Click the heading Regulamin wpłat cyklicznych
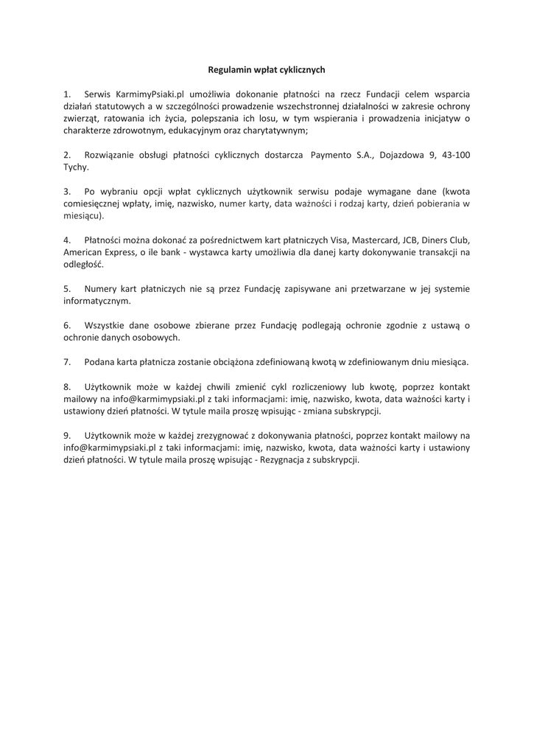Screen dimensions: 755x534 click(x=267, y=69)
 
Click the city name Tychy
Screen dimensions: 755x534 click(x=74, y=167)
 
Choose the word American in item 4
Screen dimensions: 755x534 click(x=82, y=252)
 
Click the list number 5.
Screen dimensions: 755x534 click(x=67, y=289)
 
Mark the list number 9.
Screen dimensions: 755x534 click(x=67, y=435)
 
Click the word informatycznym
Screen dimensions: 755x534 click(x=96, y=301)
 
